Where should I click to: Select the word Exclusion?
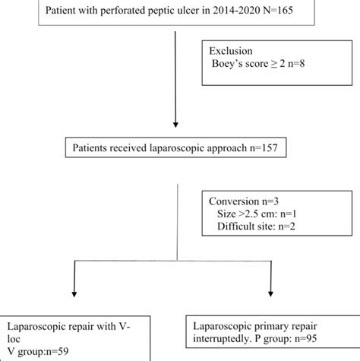pos(233,51)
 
